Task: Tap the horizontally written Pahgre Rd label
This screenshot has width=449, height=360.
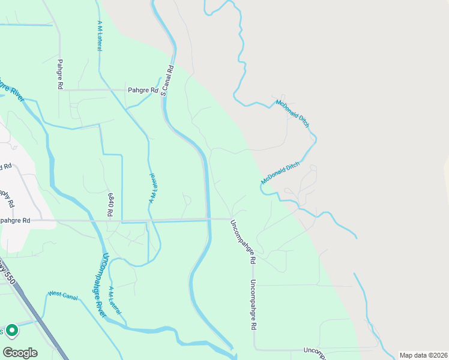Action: [142, 91]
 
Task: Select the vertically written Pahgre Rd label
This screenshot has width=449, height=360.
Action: [61, 74]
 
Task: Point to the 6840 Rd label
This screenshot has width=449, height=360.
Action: [111, 205]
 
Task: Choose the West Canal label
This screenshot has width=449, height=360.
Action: [62, 294]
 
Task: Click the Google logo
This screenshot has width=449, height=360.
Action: [20, 352]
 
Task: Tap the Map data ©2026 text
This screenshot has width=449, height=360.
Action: [423, 355]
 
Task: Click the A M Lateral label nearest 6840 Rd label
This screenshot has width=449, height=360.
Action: [152, 188]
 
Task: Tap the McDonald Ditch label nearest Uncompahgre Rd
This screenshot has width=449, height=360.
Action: [280, 172]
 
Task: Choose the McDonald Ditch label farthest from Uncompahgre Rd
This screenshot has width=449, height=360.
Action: [292, 113]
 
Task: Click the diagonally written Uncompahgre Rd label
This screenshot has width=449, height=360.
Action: [244, 242]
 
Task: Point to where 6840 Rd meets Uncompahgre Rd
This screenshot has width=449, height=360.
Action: [121, 221]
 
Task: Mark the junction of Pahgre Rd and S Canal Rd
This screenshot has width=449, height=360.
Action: [162, 90]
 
